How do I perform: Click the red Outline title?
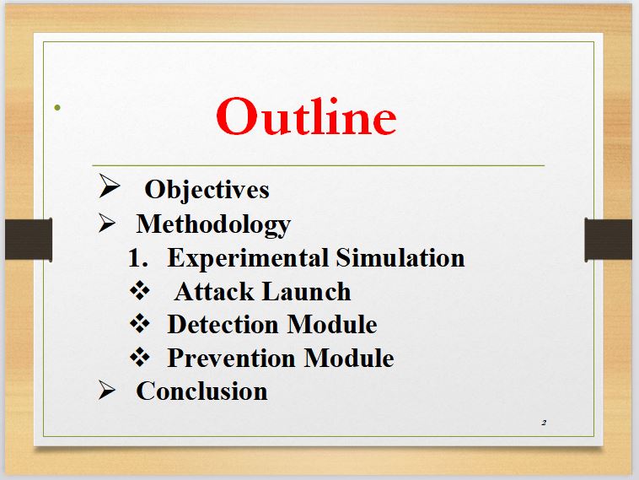click(306, 116)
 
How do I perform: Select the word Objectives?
click(207, 190)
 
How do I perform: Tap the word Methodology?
click(213, 224)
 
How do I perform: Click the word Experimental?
click(248, 258)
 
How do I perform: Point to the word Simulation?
click(400, 258)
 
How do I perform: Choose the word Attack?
click(213, 292)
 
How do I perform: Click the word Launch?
click(306, 292)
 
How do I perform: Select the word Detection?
click(223, 325)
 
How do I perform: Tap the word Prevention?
click(231, 358)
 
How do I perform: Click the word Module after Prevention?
click(349, 358)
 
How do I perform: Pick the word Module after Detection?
click(332, 325)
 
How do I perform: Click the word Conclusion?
click(201, 391)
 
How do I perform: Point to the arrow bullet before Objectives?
click(110, 186)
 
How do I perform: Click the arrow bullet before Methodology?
click(107, 223)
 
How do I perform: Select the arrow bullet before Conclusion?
click(107, 390)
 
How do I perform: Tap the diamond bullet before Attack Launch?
click(140, 291)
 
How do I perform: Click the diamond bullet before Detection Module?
click(140, 324)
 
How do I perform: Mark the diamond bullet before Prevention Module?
click(140, 357)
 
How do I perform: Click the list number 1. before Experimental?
click(137, 258)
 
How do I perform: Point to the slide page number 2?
click(544, 423)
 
